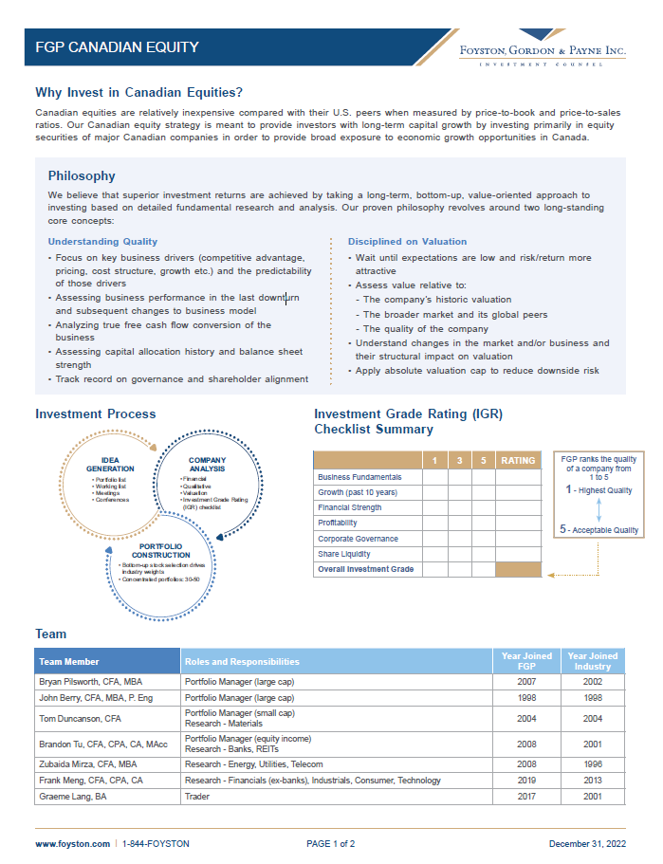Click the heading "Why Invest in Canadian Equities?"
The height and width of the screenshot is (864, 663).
coord(138,92)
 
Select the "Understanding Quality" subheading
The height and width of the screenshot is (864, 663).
coord(102,242)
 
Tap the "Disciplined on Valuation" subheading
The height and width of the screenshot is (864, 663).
coord(407,242)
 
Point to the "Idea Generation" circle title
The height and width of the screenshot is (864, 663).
coord(110,465)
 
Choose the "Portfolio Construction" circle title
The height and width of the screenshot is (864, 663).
coord(154,551)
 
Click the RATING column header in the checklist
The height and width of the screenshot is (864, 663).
coord(518,461)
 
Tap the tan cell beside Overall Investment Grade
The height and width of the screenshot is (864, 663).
coord(518,569)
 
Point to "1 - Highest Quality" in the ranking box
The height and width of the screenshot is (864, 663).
coord(599,490)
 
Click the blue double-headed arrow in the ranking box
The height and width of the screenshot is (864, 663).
coord(599,510)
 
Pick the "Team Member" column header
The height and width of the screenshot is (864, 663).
coord(69,662)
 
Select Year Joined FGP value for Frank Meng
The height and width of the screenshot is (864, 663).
coord(525,781)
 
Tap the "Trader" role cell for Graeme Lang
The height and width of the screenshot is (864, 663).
coord(197,797)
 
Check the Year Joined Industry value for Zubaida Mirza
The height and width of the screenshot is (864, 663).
coord(592,763)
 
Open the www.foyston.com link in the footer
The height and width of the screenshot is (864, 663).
coord(70,843)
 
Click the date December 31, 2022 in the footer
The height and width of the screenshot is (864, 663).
coord(587,843)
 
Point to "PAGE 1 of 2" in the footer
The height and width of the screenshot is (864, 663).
coord(331,843)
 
